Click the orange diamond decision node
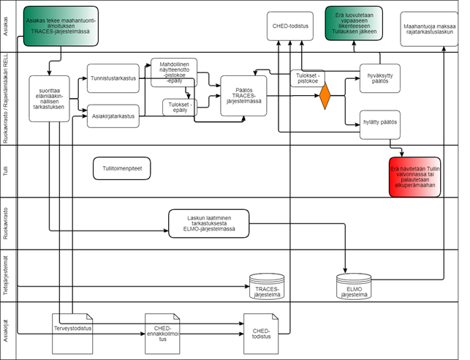point(325,97)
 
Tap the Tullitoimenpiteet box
point(122,168)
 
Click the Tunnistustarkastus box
point(113,78)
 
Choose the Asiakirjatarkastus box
point(113,115)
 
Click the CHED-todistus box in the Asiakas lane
point(290,26)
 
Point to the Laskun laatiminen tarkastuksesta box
point(208,222)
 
